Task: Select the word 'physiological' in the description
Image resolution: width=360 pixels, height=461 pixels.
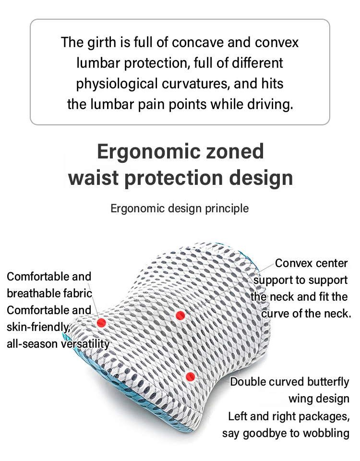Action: click(x=117, y=84)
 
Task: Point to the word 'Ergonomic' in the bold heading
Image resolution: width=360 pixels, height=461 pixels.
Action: click(x=148, y=152)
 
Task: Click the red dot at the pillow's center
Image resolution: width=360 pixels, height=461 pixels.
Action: click(x=180, y=315)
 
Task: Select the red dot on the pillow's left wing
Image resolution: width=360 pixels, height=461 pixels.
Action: click(x=101, y=323)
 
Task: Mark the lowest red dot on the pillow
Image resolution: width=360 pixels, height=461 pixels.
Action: click(x=191, y=376)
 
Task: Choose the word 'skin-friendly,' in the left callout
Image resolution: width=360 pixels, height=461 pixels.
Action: click(x=38, y=327)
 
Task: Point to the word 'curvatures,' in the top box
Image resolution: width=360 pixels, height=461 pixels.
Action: click(x=196, y=84)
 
